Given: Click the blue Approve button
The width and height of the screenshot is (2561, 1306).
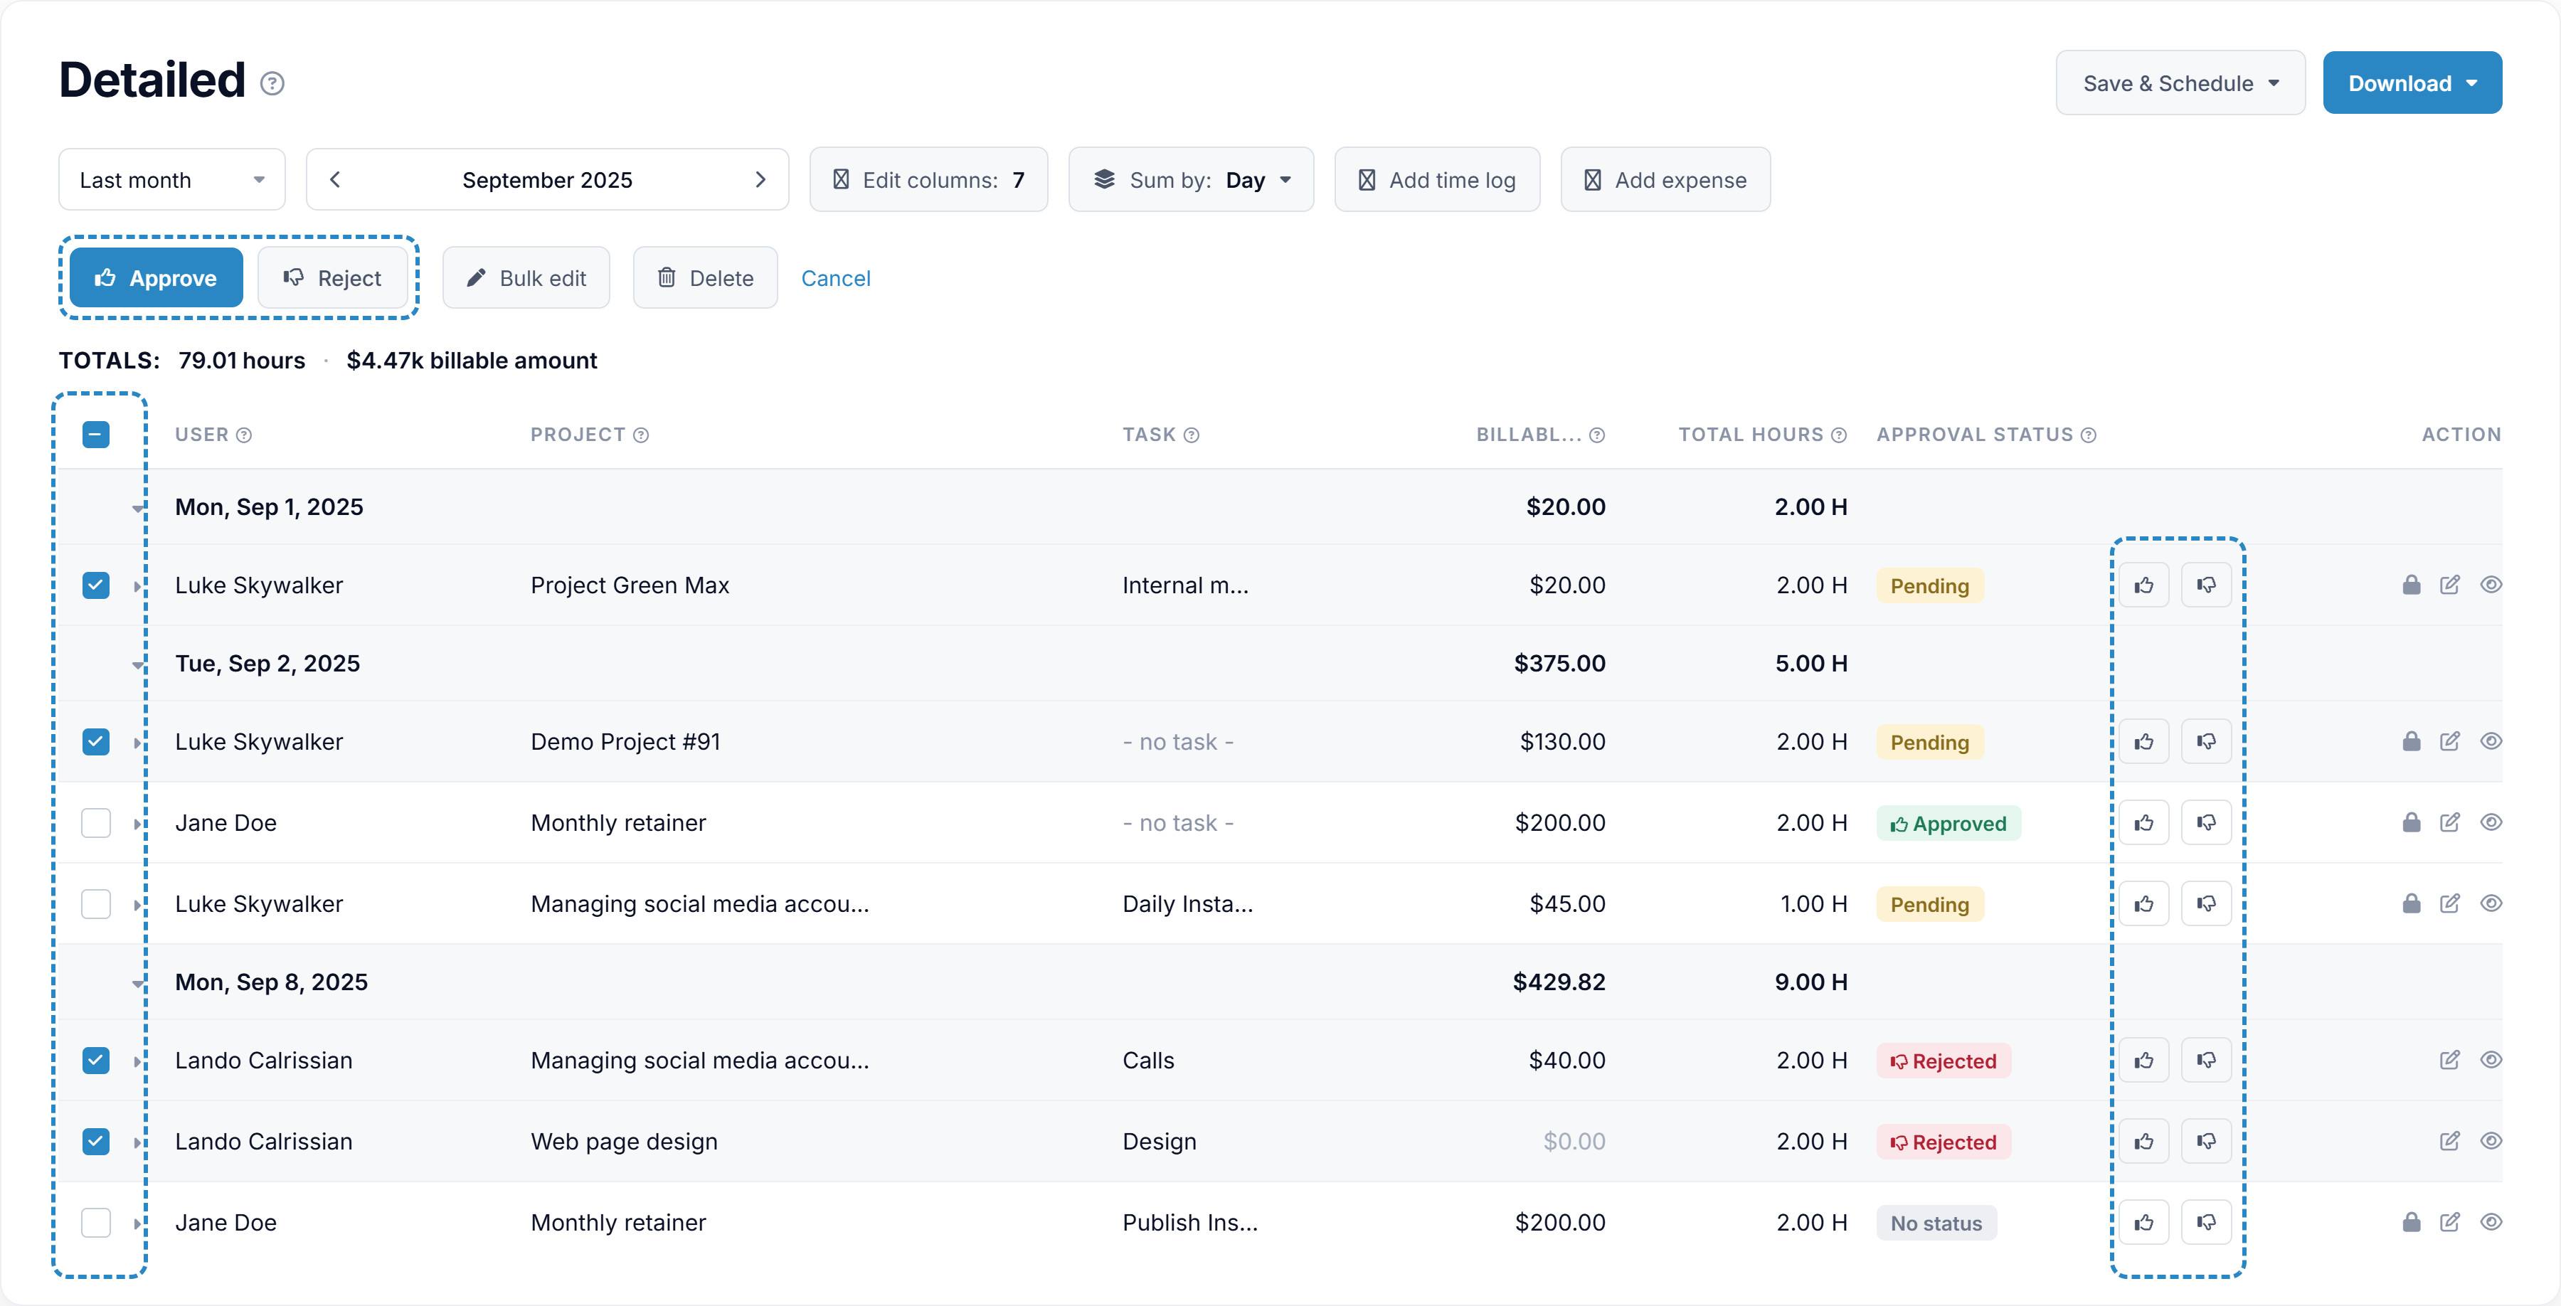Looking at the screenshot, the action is tap(156, 278).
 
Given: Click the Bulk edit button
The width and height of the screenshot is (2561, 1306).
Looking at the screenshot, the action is tap(526, 278).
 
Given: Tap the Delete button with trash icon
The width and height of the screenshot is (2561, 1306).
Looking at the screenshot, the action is tap(705, 278).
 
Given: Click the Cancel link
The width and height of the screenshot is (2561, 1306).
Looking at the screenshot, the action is tap(835, 278).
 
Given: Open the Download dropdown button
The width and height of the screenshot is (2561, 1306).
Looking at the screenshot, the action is tap(2412, 83).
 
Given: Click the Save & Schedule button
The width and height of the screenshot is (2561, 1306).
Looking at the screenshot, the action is tap(2180, 83).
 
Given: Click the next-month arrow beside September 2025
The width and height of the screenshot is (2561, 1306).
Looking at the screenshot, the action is tap(760, 180).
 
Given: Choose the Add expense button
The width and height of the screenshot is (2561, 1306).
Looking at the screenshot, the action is tap(1665, 180).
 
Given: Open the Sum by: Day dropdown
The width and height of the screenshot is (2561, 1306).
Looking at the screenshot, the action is tap(1191, 180).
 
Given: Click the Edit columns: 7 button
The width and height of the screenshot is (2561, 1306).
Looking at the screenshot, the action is tap(928, 180).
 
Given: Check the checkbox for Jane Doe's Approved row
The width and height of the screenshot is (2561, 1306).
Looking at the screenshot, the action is tap(95, 823).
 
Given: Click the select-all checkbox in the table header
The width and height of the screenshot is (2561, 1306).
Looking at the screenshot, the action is tap(95, 435).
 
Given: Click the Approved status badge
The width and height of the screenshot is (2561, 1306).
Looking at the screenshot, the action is tap(1948, 824).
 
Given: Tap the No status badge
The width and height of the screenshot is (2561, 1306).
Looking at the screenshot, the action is tap(1936, 1223).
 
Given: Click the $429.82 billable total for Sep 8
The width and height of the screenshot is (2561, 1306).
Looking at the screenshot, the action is tap(1559, 982).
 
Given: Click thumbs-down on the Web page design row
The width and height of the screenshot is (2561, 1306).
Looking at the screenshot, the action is tap(2206, 1141).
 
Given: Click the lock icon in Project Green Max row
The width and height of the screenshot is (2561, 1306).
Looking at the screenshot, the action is tap(2411, 585).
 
